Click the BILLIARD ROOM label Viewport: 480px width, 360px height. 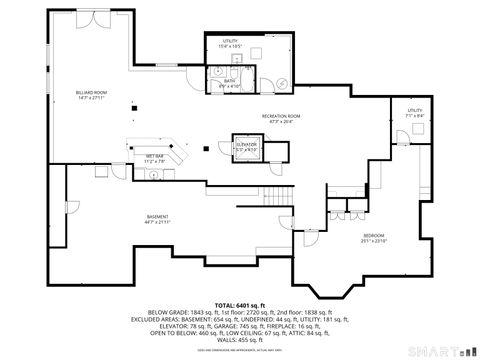coord(91,92)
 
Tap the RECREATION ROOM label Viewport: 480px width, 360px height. coord(282,116)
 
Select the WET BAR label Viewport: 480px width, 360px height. coord(154,155)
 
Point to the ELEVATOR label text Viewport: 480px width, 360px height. coord(247,144)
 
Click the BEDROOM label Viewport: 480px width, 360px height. coord(373,235)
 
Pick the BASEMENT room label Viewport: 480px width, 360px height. coord(158,216)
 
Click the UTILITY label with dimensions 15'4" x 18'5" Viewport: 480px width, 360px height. coord(232,41)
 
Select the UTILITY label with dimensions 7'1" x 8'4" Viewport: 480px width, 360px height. coord(415,110)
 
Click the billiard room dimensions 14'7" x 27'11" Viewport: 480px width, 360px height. coord(91,98)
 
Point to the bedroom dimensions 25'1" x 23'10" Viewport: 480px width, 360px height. coord(373,241)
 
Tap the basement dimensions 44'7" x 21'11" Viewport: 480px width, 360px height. coord(158,222)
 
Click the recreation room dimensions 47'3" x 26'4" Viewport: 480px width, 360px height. coord(282,122)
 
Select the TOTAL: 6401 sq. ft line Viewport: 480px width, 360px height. coord(237,304)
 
